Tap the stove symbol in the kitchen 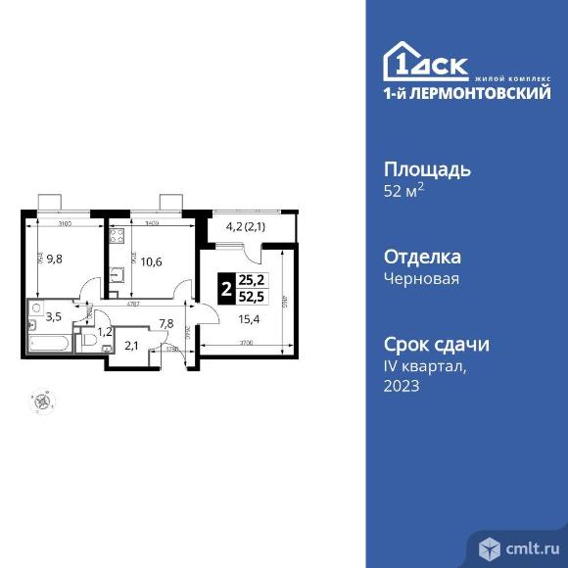coord(115,237)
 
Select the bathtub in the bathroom coord(50,344)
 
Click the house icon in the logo coord(402,62)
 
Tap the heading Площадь coord(426,168)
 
